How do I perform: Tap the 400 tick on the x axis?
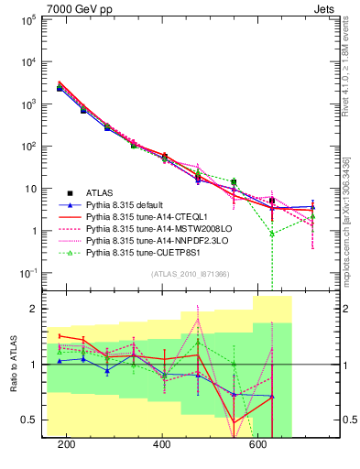coord(162,444)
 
